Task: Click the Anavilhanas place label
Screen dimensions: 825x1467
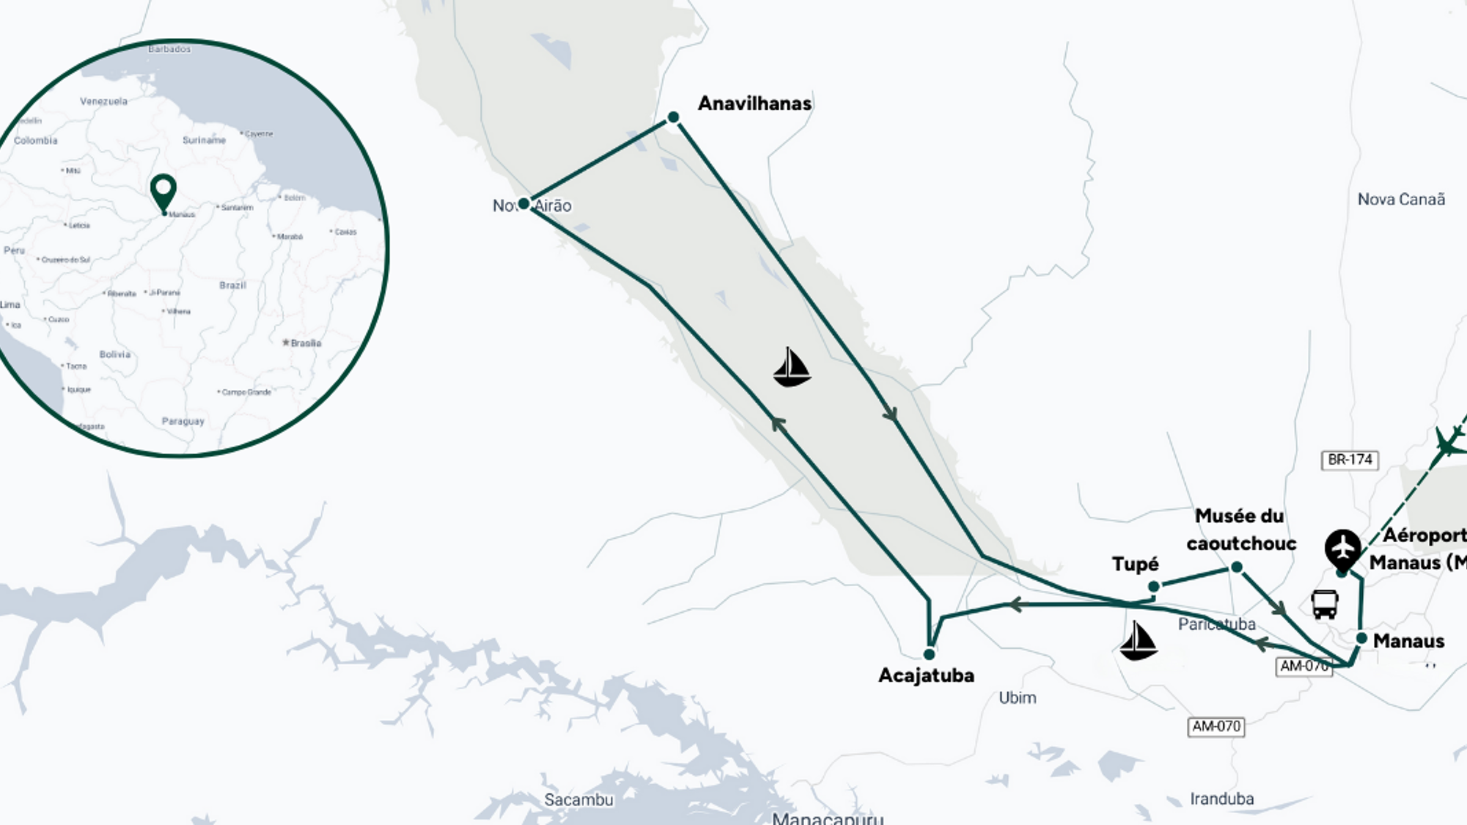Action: click(x=754, y=103)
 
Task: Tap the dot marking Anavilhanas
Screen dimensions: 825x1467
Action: click(x=673, y=117)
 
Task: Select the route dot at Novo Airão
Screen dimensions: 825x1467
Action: click(x=524, y=204)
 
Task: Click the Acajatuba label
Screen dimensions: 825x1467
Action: click(x=926, y=675)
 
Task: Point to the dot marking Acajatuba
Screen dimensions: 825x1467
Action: click(x=929, y=653)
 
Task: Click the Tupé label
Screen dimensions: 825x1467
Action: click(x=1135, y=564)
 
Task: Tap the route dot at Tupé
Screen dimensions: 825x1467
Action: click(x=1154, y=586)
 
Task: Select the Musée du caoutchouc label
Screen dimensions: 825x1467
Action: click(x=1240, y=529)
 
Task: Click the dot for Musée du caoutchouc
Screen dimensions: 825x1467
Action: click(x=1237, y=567)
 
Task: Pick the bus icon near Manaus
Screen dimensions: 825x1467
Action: click(x=1325, y=604)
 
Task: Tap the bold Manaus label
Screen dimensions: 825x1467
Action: click(x=1408, y=641)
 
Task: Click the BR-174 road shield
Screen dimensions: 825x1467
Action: click(x=1350, y=460)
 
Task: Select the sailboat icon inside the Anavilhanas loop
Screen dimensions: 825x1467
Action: click(x=791, y=367)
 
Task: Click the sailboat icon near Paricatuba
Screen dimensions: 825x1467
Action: click(x=1138, y=641)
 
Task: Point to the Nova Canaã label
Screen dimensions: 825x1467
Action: click(x=1401, y=199)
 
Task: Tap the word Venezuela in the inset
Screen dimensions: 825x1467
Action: click(x=103, y=101)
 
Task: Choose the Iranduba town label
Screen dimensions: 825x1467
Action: click(x=1221, y=799)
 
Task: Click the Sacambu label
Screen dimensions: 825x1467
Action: click(x=578, y=799)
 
